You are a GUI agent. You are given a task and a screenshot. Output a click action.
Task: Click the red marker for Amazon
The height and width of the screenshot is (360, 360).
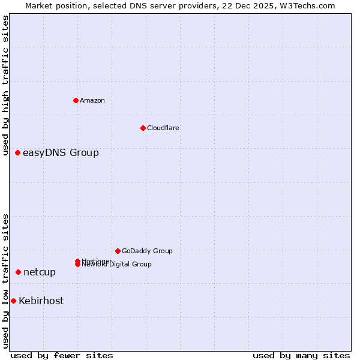point(76,100)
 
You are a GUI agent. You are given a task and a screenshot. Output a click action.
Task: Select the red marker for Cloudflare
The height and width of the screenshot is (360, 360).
point(143,128)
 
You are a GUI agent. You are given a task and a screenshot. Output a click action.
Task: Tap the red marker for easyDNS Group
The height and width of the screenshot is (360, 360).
point(18,153)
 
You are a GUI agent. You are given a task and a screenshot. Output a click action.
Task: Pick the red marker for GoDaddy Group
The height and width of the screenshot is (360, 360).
point(118,251)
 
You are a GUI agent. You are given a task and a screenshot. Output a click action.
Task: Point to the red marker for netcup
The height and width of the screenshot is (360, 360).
point(19,272)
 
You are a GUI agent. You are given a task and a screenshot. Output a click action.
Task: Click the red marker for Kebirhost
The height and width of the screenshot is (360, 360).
point(13,301)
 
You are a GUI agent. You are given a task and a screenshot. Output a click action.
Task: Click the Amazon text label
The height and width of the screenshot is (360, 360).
point(92,100)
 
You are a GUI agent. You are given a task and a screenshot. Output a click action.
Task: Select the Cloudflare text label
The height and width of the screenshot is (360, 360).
point(163,128)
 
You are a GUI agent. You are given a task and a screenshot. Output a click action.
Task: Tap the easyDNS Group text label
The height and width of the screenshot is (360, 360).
point(61,153)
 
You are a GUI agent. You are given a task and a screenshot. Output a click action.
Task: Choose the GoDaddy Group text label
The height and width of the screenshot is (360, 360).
point(147,251)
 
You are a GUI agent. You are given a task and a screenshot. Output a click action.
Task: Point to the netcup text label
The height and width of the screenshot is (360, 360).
point(40,272)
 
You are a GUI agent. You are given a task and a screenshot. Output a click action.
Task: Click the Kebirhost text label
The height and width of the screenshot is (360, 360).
point(41,301)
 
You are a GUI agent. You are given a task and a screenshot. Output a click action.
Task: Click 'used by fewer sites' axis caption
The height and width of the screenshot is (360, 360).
point(62,355)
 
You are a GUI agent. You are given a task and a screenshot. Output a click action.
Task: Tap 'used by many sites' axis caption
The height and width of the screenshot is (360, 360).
point(301,355)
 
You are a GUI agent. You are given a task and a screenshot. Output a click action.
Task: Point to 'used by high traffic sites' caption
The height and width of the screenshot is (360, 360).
point(6,86)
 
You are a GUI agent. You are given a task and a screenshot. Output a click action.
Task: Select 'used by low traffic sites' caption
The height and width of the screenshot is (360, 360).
point(6,281)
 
